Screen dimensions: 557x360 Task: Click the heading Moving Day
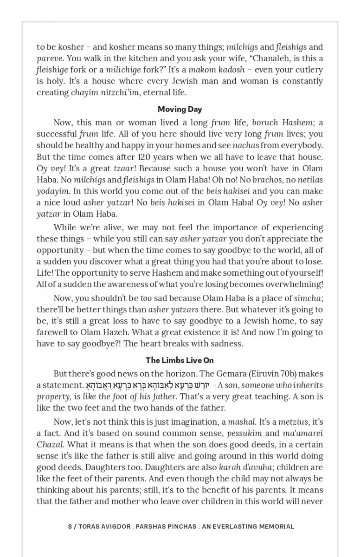coord(180,110)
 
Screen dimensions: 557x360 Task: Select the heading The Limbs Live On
coord(180,360)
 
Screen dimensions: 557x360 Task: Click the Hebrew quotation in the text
coord(148,385)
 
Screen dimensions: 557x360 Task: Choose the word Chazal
coord(50,445)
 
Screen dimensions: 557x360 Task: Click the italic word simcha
coord(308,298)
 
